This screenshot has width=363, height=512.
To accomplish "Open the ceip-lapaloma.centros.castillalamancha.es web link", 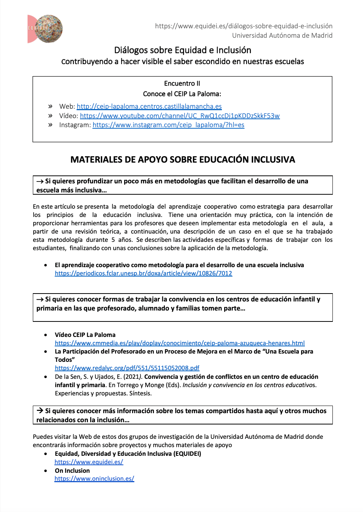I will pos(149,106).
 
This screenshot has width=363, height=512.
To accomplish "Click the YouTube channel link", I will pos(180,116).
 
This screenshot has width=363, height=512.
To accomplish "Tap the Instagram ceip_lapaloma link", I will pos(168,125).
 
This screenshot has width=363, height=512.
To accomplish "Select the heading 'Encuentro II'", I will pos(182,83).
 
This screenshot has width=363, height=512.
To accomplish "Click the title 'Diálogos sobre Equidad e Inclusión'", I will pos(183,50).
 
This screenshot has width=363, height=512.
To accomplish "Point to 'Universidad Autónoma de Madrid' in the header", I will pos(282,35).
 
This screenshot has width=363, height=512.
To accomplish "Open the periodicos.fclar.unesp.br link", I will pos(143,273).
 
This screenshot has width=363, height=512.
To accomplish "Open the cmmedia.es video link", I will pos(180,343).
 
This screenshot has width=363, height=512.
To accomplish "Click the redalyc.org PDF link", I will pos(127,368).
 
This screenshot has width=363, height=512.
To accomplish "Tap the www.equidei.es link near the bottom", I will pos(89,462).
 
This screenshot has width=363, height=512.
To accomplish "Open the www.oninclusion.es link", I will pos(94,478).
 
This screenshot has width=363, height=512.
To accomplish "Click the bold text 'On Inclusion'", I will pos(72,470).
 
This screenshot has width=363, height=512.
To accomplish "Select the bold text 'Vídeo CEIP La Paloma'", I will pos(85,335).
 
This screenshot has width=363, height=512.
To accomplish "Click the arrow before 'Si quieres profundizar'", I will pos(40,181).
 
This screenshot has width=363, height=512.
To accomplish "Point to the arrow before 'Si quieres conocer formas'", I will pos(40,300).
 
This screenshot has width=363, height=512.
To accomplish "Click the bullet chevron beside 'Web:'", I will pos(50,106).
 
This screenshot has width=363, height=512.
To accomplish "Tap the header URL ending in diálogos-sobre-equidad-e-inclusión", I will pos(243,26).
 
